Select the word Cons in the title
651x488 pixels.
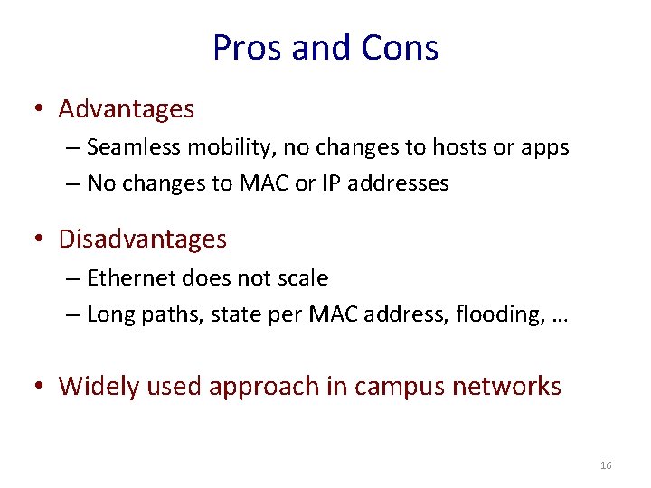tap(402, 48)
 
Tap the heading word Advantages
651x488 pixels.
tap(126, 109)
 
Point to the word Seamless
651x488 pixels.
tap(127, 147)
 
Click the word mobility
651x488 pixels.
tap(212, 148)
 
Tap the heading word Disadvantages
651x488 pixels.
tap(142, 239)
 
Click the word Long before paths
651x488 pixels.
tap(109, 314)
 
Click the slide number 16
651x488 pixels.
tap(606, 465)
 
